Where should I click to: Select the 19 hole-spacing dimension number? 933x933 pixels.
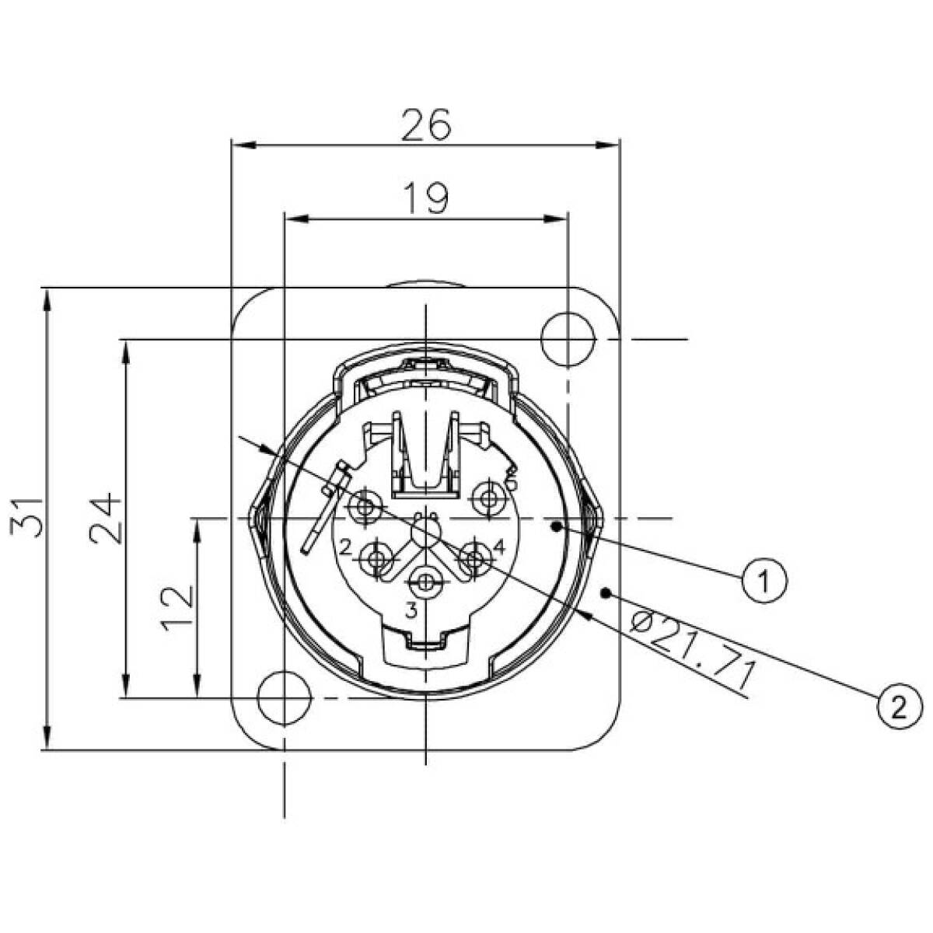point(426,198)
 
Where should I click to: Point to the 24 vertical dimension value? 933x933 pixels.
point(105,519)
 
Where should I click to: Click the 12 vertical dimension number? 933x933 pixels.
point(179,608)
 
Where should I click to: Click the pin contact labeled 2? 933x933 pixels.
point(379,558)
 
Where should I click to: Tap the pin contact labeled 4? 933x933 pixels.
point(473,557)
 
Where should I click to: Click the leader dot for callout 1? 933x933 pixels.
point(555,526)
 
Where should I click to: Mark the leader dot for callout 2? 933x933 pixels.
point(606,593)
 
